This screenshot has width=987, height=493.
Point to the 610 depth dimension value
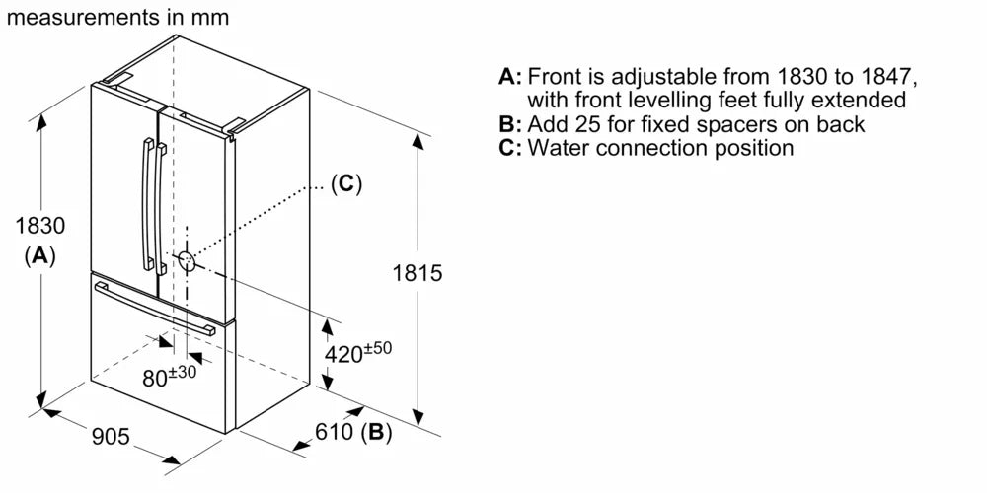[x=335, y=432]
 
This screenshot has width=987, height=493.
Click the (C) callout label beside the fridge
[x=345, y=183]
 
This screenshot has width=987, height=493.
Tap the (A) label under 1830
[x=39, y=255]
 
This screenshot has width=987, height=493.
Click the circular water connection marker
[x=186, y=260]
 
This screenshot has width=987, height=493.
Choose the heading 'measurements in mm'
[x=115, y=17]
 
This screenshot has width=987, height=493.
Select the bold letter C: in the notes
[x=509, y=148]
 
